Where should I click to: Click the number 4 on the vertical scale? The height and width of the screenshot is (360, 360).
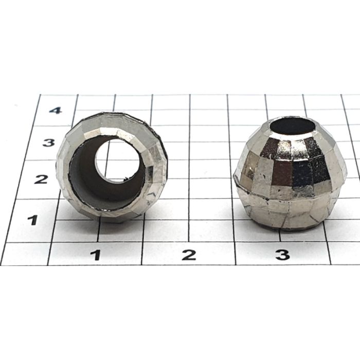tap(56, 111)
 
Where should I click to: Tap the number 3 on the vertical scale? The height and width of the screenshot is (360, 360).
tap(49, 142)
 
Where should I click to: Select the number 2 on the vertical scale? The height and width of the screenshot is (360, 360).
tap(41, 179)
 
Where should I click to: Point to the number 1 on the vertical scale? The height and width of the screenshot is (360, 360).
tap(33, 220)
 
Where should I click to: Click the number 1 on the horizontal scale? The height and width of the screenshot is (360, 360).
tap(96, 255)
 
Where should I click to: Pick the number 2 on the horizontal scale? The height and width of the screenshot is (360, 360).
tap(189, 255)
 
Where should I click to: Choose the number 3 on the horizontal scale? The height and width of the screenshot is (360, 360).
tap(283, 255)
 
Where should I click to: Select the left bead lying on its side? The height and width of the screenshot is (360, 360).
tap(112, 167)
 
